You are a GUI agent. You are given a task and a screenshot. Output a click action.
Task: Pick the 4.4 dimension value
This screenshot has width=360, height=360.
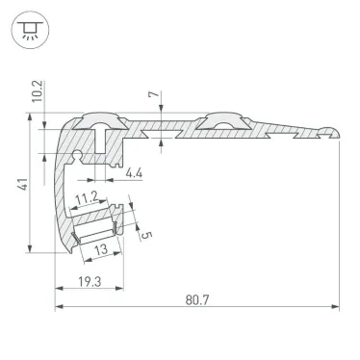click(x=137, y=174)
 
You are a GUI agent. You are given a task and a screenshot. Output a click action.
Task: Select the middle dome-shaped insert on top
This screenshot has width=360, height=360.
click(x=218, y=120)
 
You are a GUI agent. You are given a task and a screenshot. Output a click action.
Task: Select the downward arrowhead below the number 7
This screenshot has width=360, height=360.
click(x=159, y=116)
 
